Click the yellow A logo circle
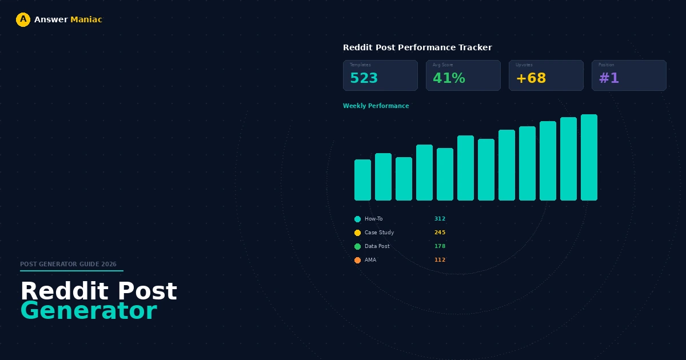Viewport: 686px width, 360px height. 23,20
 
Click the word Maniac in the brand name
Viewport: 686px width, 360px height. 86,20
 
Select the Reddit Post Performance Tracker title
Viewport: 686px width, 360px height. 417,47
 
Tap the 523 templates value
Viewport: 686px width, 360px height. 364,79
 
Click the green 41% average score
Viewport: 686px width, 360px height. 449,79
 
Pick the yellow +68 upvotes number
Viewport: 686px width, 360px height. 531,79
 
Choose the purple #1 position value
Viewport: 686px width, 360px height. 609,79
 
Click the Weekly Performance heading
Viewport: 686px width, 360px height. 376,106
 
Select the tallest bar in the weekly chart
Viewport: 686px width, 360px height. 589,157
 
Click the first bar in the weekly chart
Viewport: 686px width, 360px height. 362,180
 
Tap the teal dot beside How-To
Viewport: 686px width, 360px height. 357,219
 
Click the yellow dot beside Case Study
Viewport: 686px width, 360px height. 357,233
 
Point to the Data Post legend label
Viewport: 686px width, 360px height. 377,246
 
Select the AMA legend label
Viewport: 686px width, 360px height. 370,260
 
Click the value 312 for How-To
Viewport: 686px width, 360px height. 440,219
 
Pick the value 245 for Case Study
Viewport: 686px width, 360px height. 440,233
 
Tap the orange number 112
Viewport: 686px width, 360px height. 440,260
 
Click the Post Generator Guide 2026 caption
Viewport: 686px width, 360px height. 68,265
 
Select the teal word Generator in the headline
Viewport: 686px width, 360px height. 89,311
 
